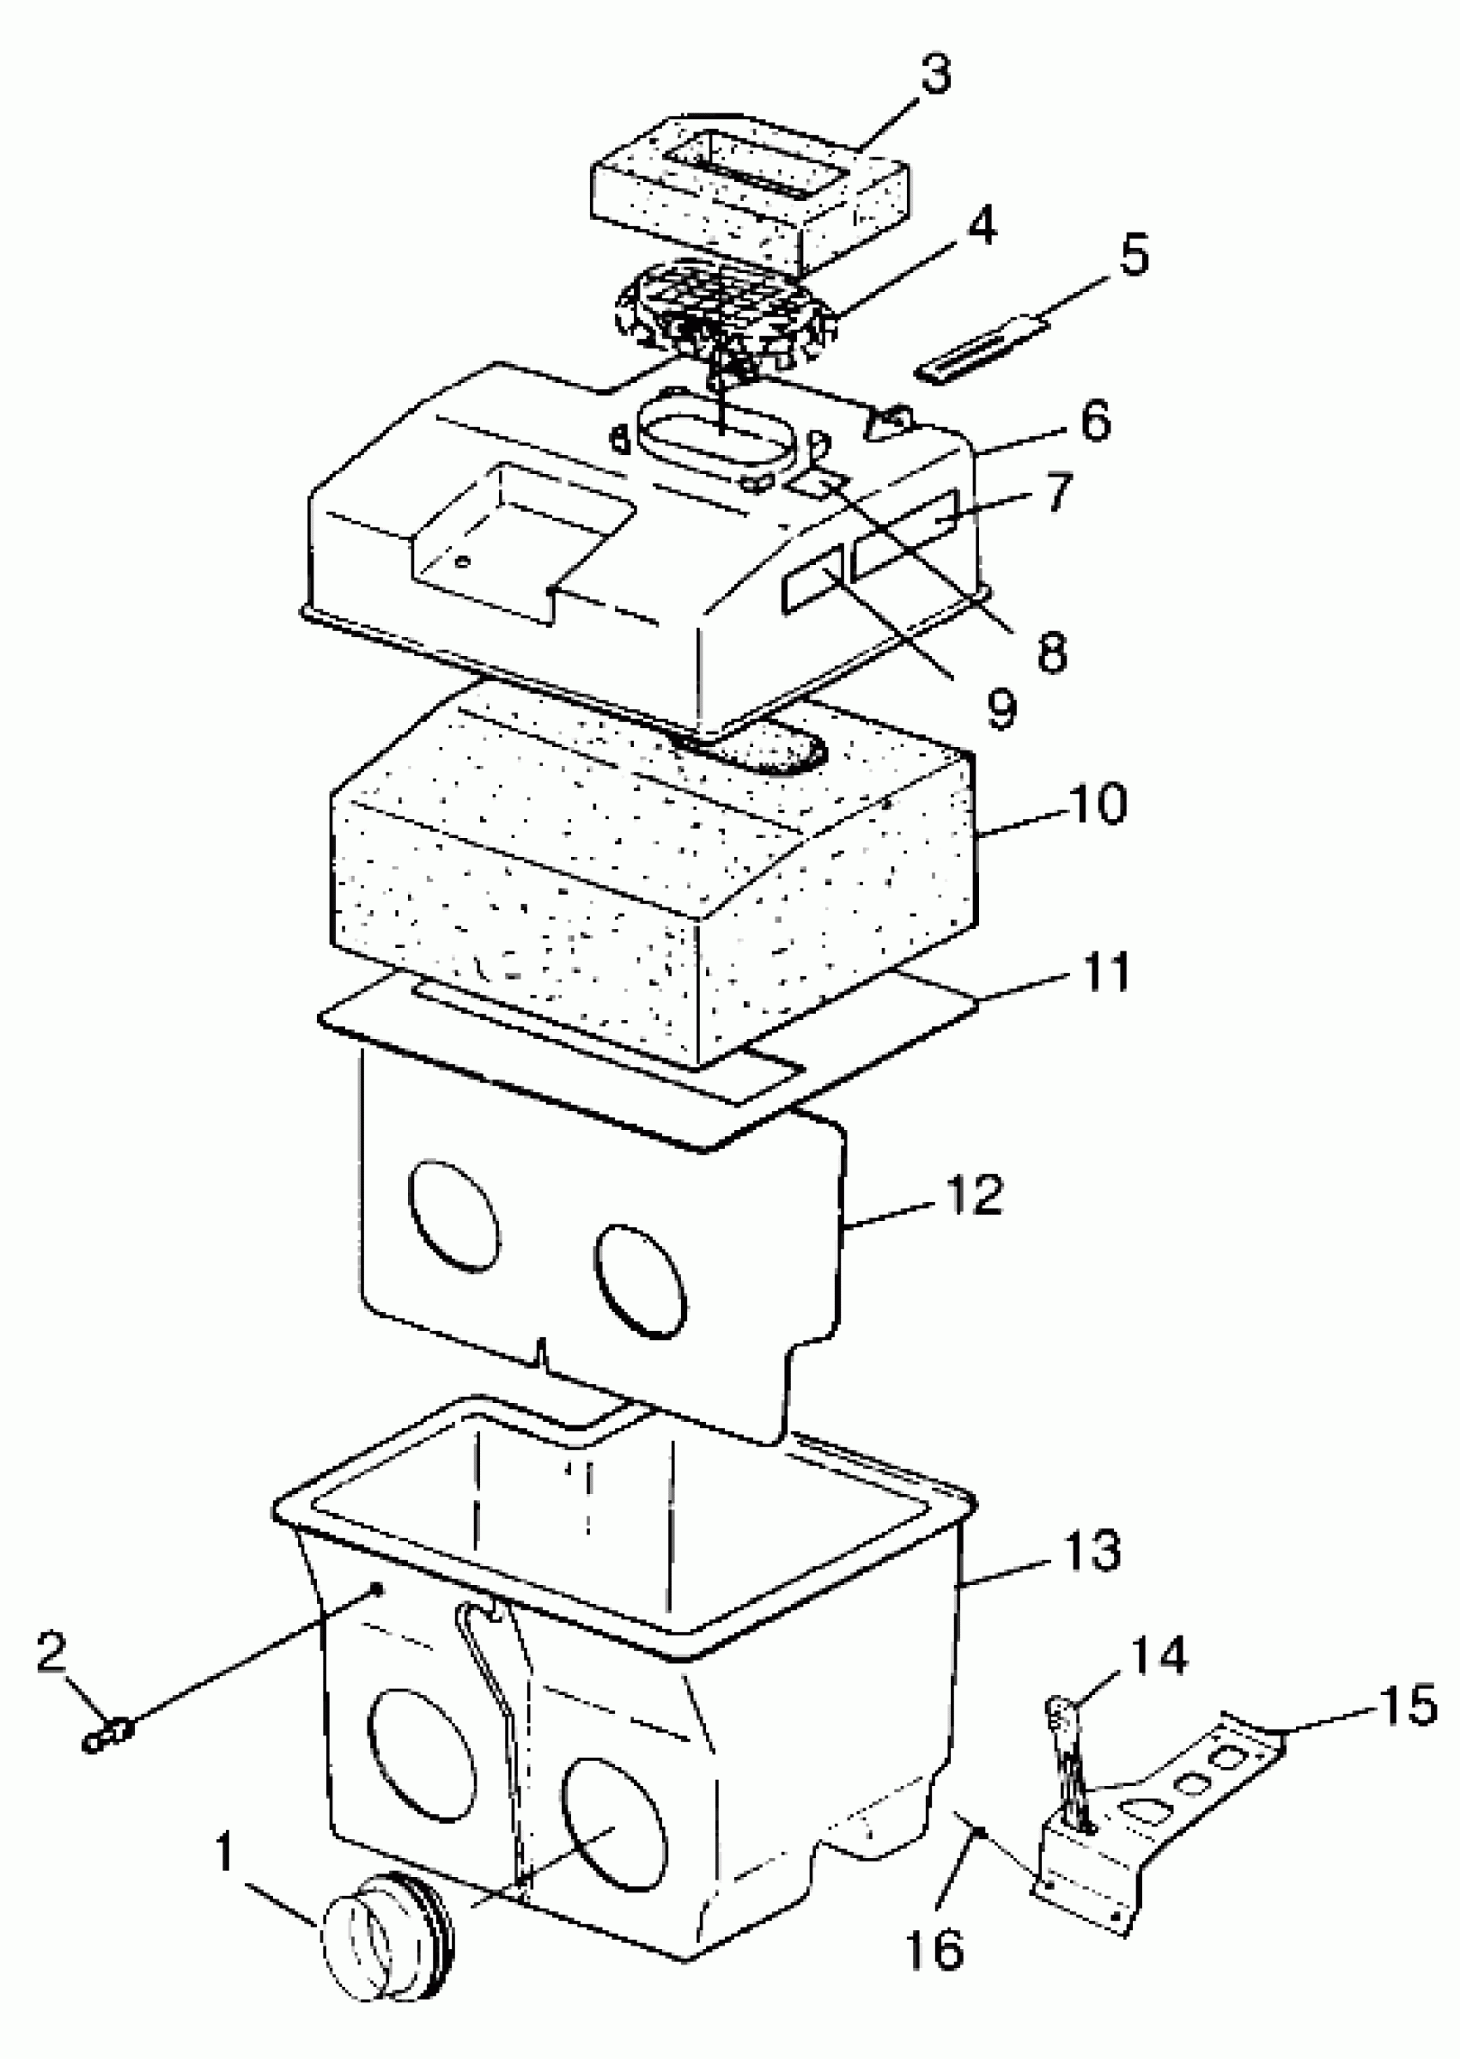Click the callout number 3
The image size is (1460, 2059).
point(936,74)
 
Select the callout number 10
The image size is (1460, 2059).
point(1098,803)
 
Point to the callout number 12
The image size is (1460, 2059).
point(974,1195)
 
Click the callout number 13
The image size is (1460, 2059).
point(1092,1550)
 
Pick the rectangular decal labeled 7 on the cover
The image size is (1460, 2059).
point(907,534)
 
